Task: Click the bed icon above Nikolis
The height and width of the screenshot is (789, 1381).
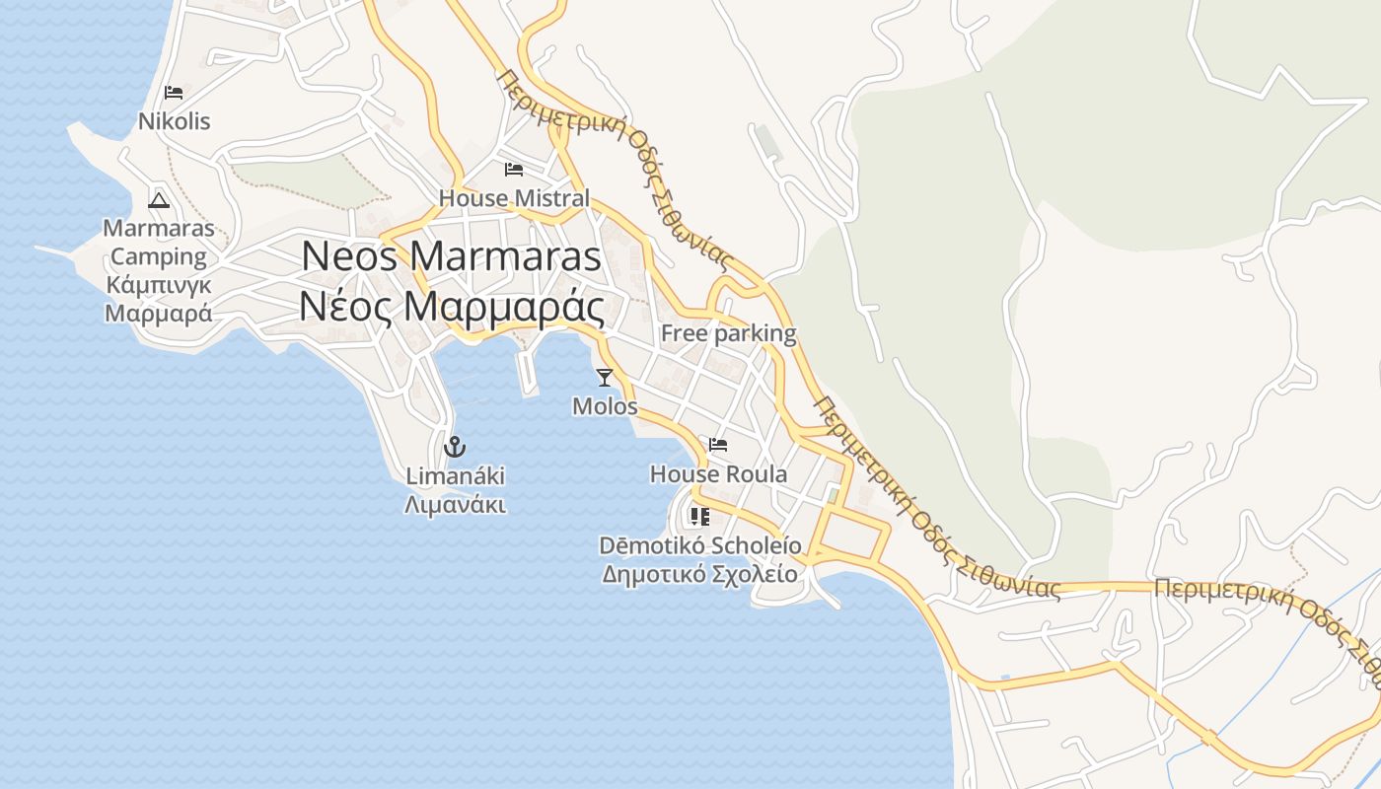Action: [175, 93]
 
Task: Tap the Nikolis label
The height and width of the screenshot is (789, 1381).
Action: [175, 121]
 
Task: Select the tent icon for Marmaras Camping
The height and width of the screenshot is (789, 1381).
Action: [158, 200]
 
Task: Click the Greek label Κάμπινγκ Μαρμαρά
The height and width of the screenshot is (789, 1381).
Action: [158, 300]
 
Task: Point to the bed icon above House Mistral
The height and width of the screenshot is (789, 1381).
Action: [513, 170]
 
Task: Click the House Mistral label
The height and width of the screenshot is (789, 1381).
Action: [514, 198]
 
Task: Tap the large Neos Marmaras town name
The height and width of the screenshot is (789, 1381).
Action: [451, 256]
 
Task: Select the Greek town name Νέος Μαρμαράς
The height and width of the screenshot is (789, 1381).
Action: [451, 308]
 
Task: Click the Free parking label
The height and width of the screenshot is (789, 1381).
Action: [728, 333]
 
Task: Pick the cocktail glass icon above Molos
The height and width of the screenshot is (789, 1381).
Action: [605, 377]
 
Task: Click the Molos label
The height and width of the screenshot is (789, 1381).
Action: [605, 406]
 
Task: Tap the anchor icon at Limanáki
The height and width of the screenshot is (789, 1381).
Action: [455, 447]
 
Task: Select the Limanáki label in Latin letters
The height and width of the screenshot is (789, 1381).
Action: [455, 476]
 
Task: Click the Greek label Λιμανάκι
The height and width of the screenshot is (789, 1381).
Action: [455, 505]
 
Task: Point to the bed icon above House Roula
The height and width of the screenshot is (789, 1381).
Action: [718, 445]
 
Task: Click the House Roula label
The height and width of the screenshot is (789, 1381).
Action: [718, 474]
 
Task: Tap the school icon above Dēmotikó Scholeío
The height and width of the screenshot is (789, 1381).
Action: [700, 516]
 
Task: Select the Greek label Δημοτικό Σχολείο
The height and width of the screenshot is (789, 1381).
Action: [700, 574]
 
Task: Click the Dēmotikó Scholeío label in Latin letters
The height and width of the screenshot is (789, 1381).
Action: [700, 545]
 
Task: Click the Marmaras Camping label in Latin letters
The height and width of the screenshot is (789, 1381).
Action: [158, 243]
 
